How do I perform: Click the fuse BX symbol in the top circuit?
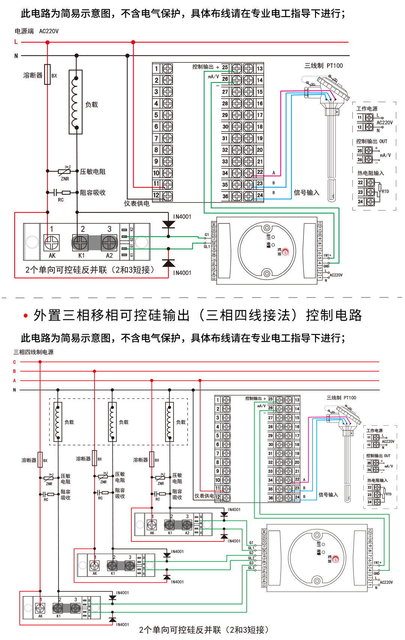pyautogui.click(x=48, y=74)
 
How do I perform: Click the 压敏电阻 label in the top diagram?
pyautogui.click(x=93, y=172)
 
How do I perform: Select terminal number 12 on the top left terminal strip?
pyautogui.click(x=156, y=195)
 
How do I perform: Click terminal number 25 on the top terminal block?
pyautogui.click(x=225, y=67)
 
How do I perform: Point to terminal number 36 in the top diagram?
pyautogui.click(x=225, y=196)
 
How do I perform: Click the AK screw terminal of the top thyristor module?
pyautogui.click(x=52, y=243)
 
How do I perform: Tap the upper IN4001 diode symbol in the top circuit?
pyautogui.click(x=168, y=224)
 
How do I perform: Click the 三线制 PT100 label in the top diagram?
pyautogui.click(x=324, y=66)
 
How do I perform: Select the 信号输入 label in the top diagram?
pyautogui.click(x=306, y=193)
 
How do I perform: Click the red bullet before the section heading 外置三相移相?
pyautogui.click(x=25, y=316)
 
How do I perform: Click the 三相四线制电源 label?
pyautogui.click(x=33, y=352)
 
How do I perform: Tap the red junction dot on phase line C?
pyautogui.click(x=40, y=362)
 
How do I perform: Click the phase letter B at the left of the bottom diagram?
pyautogui.click(x=14, y=371)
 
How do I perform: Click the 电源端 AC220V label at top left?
pyautogui.click(x=36, y=31)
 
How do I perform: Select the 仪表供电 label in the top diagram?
pyautogui.click(x=137, y=203)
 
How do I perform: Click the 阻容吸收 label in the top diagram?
pyautogui.click(x=93, y=193)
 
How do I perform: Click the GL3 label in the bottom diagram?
pyautogui.click(x=251, y=568)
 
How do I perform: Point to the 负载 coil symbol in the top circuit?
pyautogui.click(x=75, y=102)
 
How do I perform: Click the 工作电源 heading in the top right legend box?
pyautogui.click(x=367, y=109)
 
